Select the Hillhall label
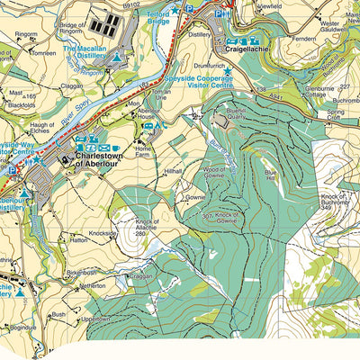[172, 169]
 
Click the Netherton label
[93, 284]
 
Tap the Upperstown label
[94, 320]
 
